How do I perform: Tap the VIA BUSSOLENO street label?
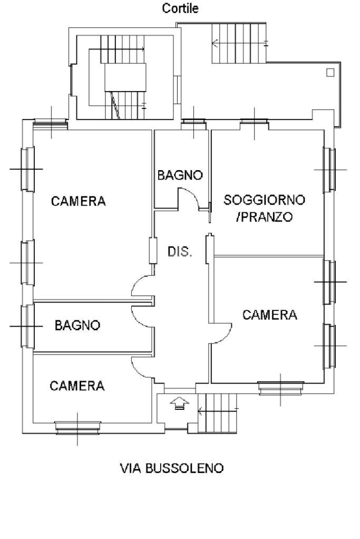pos(180,468)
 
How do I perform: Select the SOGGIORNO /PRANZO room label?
pos(264,209)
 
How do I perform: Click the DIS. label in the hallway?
pos(180,252)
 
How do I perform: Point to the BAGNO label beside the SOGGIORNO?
pos(180,175)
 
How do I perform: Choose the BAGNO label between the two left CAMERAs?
pos(77,326)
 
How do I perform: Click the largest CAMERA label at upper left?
pos(78,201)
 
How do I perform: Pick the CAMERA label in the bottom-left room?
pos(77,386)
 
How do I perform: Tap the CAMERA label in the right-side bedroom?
pos(270,315)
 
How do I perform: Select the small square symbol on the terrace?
pos(330,73)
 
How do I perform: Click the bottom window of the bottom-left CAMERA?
pos(79,427)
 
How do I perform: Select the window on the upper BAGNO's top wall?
pos(194,124)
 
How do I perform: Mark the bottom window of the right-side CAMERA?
pos(280,387)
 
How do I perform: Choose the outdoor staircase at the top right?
pos(240,43)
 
